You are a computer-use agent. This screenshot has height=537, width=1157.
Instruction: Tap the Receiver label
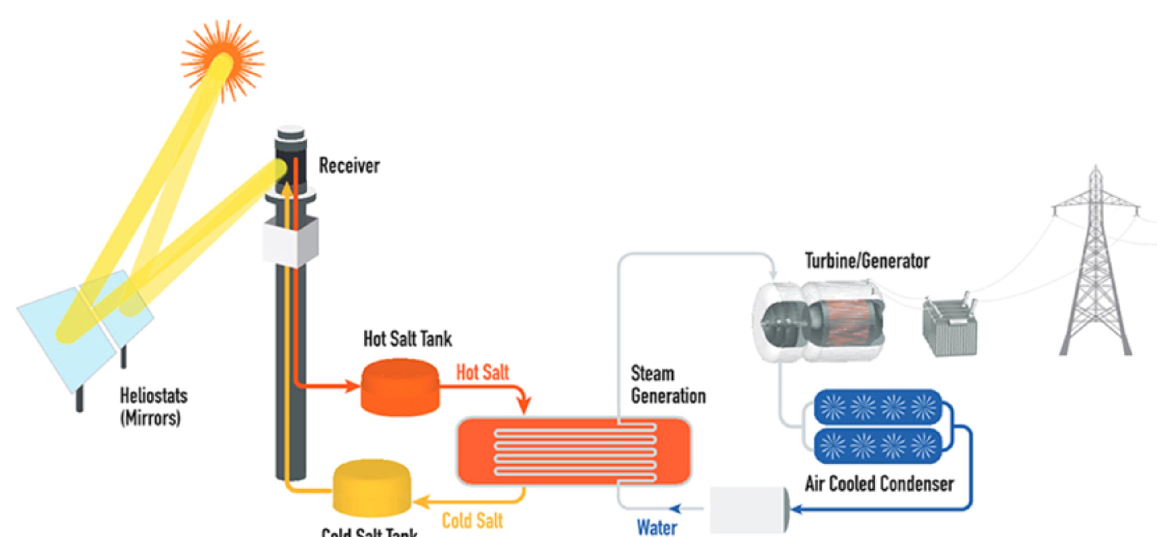pos(349,166)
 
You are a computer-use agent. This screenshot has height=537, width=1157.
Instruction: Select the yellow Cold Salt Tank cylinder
pos(372,488)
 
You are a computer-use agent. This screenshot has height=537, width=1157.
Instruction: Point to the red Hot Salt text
pos(482,372)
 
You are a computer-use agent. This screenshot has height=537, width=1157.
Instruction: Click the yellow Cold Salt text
pos(472,521)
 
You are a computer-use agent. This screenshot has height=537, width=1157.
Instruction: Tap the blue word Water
pos(657,528)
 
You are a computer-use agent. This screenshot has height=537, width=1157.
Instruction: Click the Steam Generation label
pos(668,385)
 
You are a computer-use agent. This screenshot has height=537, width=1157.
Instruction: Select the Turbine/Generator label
pos(867,261)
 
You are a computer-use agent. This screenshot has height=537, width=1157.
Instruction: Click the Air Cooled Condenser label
pos(879,484)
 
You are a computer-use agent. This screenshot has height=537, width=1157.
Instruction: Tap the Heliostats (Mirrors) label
pos(154,407)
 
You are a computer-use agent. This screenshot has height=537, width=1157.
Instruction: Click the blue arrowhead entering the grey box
pos(796,509)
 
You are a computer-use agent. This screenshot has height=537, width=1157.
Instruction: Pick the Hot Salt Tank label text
pos(407,339)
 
